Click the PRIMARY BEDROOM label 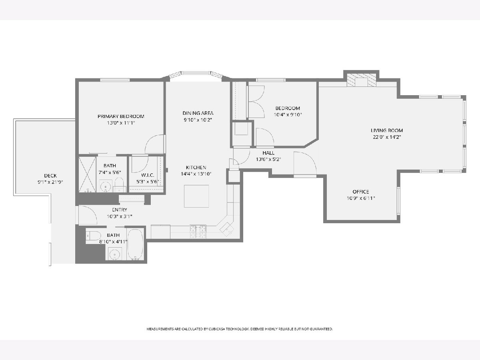pyautogui.click(x=121, y=116)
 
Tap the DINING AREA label pyautogui.click(x=198, y=113)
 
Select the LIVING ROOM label pyautogui.click(x=387, y=130)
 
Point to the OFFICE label pyautogui.click(x=361, y=192)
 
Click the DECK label pyautogui.click(x=50, y=176)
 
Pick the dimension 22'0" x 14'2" pyautogui.click(x=387, y=137)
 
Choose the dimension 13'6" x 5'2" pyautogui.click(x=268, y=159)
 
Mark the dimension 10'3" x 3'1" pyautogui.click(x=119, y=216)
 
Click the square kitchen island pyautogui.click(x=196, y=196)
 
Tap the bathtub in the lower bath pyautogui.click(x=135, y=244)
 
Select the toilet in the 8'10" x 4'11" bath pyautogui.click(x=93, y=236)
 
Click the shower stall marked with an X pyautogui.click(x=87, y=174)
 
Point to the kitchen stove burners pyautogui.click(x=198, y=232)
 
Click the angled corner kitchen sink pyautogui.click(x=226, y=229)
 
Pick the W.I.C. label pyautogui.click(x=148, y=175)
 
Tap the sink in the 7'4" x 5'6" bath pyautogui.click(x=106, y=187)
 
